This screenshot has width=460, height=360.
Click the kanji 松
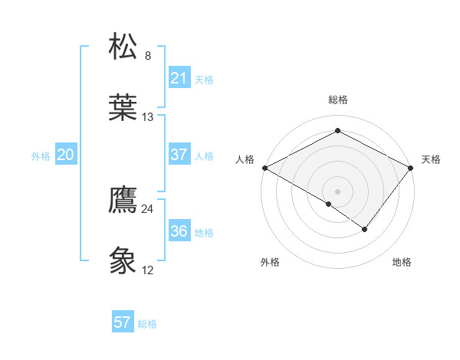pyautogui.click(x=123, y=47)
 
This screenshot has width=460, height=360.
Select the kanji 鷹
pyautogui.click(x=123, y=200)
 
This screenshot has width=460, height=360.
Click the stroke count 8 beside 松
pyautogui.click(x=148, y=56)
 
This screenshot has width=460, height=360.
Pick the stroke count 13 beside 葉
pyautogui.click(x=148, y=117)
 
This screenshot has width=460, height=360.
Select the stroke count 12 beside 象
pyautogui.click(x=148, y=270)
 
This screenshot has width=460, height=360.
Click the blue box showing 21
pyautogui.click(x=179, y=78)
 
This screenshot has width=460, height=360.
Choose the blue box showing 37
pyautogui.click(x=179, y=155)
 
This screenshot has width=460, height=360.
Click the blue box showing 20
pyautogui.click(x=65, y=155)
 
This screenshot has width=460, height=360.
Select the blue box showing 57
pyautogui.click(x=123, y=322)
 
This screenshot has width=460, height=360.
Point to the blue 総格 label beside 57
pyautogui.click(x=147, y=324)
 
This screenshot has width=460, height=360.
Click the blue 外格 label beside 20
pyautogui.click(x=41, y=156)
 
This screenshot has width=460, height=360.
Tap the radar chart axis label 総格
pyautogui.click(x=338, y=100)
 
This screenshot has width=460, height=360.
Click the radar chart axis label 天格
pyautogui.click(x=432, y=159)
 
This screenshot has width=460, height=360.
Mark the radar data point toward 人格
pyautogui.click(x=264, y=167)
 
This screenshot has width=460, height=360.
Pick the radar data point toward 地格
pyautogui.click(x=365, y=229)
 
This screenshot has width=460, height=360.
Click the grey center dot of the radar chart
pyautogui.click(x=338, y=191)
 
